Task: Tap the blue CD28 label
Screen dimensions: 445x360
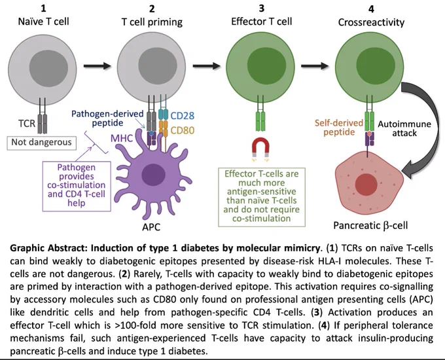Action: (183, 116)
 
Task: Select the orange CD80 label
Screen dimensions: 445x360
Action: (183, 131)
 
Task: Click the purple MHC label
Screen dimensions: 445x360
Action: (122, 138)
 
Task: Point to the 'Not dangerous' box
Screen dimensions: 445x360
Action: (41, 143)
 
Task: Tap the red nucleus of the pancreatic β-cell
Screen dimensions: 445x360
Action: (366, 185)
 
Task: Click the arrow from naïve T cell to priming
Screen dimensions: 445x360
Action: (98, 66)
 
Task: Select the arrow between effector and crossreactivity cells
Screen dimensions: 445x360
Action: (315, 66)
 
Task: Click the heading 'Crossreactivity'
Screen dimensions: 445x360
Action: (371, 22)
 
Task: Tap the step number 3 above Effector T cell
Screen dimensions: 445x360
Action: (261, 9)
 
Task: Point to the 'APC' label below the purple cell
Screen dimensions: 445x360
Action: (151, 227)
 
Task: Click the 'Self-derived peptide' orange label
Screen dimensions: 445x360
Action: (339, 128)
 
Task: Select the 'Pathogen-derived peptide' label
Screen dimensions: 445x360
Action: (107, 118)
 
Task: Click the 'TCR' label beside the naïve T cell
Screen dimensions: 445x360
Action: (27, 124)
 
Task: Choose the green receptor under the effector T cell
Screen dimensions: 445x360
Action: (260, 122)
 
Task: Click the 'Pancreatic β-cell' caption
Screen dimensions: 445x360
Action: (370, 225)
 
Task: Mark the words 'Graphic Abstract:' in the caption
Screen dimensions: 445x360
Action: (49, 248)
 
